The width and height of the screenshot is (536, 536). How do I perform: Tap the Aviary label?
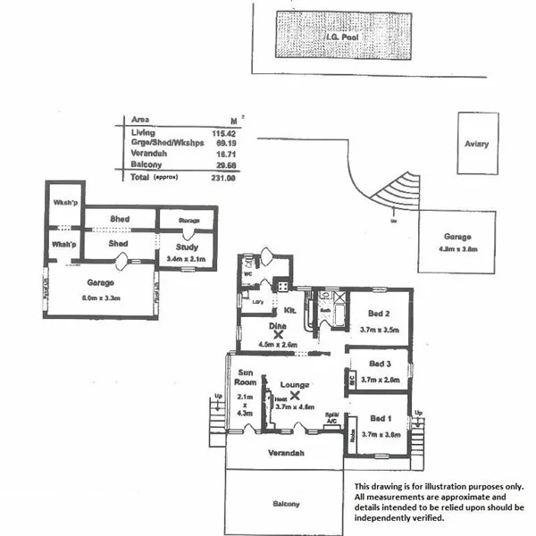(475, 144)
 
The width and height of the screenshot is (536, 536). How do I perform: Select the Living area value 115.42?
(222, 133)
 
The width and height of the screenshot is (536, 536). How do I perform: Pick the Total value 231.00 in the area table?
(223, 179)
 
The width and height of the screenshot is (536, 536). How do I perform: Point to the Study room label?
(186, 247)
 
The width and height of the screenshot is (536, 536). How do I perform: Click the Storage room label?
(188, 219)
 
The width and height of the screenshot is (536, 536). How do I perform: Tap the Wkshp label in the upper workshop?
(63, 201)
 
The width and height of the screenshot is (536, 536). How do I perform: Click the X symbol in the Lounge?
(294, 394)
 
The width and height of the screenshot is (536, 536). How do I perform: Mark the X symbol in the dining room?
(265, 334)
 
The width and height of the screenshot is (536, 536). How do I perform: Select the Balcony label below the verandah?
(286, 505)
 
